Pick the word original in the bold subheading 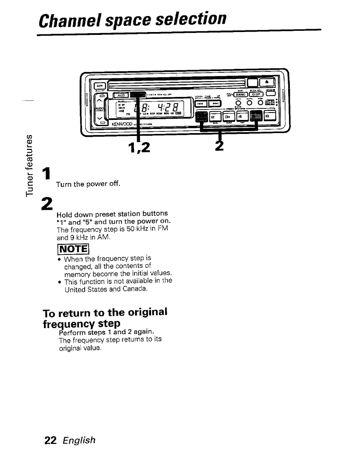tap(145, 312)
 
